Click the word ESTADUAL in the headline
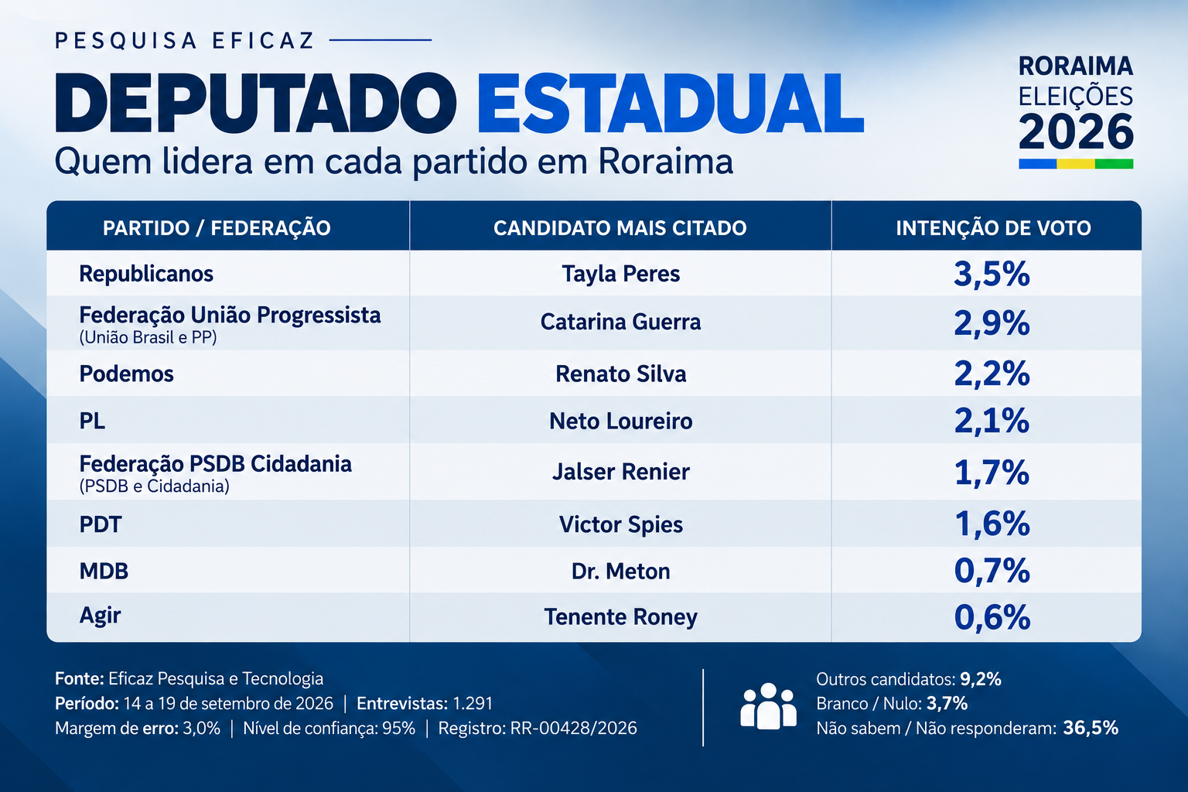pyautogui.click(x=671, y=103)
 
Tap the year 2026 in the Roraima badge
pyautogui.click(x=1076, y=131)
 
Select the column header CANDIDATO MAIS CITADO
pyautogui.click(x=620, y=228)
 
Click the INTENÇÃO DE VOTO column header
pyautogui.click(x=993, y=228)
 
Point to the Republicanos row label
pyautogui.click(x=146, y=274)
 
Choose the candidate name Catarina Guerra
pyautogui.click(x=620, y=322)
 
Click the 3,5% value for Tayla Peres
pyautogui.click(x=992, y=275)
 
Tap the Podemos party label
pyautogui.click(x=126, y=374)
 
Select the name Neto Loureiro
pyautogui.click(x=620, y=422)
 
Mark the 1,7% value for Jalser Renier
pyautogui.click(x=992, y=473)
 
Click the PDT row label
pyautogui.click(x=101, y=524)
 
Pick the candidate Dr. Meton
pyautogui.click(x=620, y=572)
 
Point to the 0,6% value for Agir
pyautogui.click(x=992, y=617)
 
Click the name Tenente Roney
pyautogui.click(x=620, y=617)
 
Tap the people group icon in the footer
pyautogui.click(x=768, y=706)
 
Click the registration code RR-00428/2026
pyautogui.click(x=573, y=729)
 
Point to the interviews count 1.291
pyautogui.click(x=473, y=703)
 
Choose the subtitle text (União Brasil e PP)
pyautogui.click(x=148, y=338)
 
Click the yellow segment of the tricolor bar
pyautogui.click(x=1076, y=164)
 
